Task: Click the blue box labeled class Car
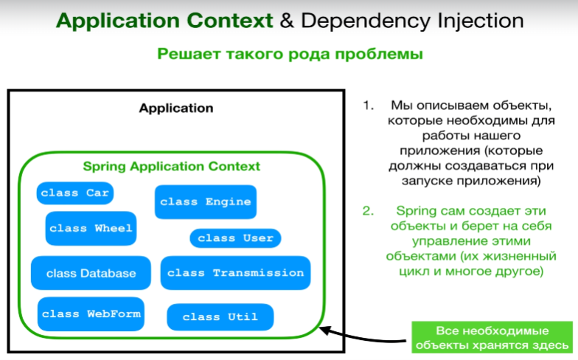coord(75,193)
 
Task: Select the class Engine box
coord(205,202)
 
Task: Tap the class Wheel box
coord(91,229)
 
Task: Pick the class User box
coord(235,238)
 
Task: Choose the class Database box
coord(91,273)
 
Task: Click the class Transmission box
coord(235,273)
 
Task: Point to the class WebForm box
coord(91,314)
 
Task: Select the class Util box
coord(220,317)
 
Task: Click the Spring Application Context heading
coord(171,167)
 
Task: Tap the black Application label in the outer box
coord(176,108)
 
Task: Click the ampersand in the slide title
coord(287,21)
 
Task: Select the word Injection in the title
coord(481,21)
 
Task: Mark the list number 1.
coord(369,105)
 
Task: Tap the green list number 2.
coord(368,211)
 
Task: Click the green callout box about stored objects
coord(492,337)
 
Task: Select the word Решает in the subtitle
coord(189,55)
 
